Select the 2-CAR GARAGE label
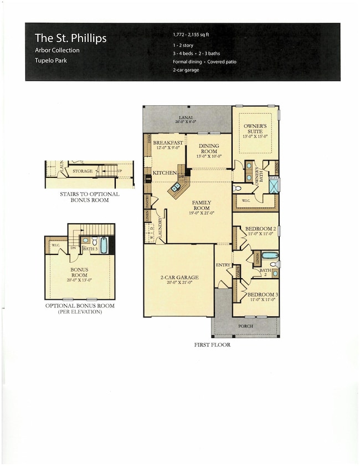178,278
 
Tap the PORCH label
245,326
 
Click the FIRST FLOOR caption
212,345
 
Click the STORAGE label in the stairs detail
83,171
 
